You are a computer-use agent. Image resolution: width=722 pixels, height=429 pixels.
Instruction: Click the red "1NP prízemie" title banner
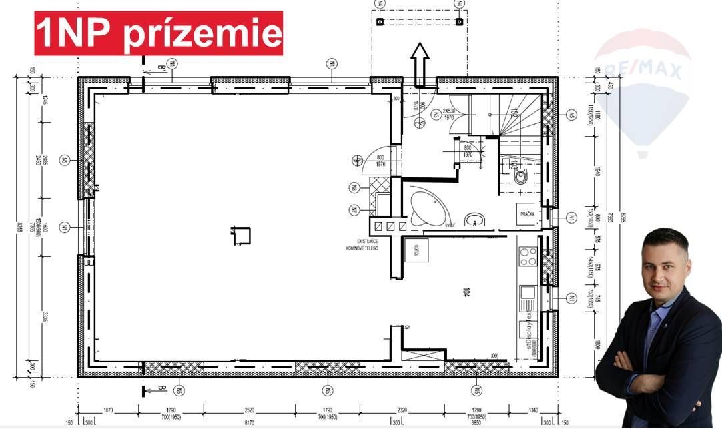pyautogui.click(x=159, y=33)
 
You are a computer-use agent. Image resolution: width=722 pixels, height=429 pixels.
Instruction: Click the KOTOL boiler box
pyautogui.click(x=416, y=250)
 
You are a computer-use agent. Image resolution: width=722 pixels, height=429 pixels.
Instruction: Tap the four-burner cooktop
pyautogui.click(x=528, y=256)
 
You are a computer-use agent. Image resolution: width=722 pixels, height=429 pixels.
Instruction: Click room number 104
pyautogui.click(x=465, y=292)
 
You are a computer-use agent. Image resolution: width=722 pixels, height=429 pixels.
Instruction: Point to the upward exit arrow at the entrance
pyautogui.click(x=420, y=63)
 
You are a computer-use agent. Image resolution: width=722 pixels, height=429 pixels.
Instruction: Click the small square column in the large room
pyautogui.click(x=241, y=236)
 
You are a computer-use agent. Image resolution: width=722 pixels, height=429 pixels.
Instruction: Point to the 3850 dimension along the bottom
pyautogui.click(x=476, y=422)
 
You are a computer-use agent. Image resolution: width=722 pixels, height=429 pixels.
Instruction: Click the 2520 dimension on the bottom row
pyautogui.click(x=249, y=412)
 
